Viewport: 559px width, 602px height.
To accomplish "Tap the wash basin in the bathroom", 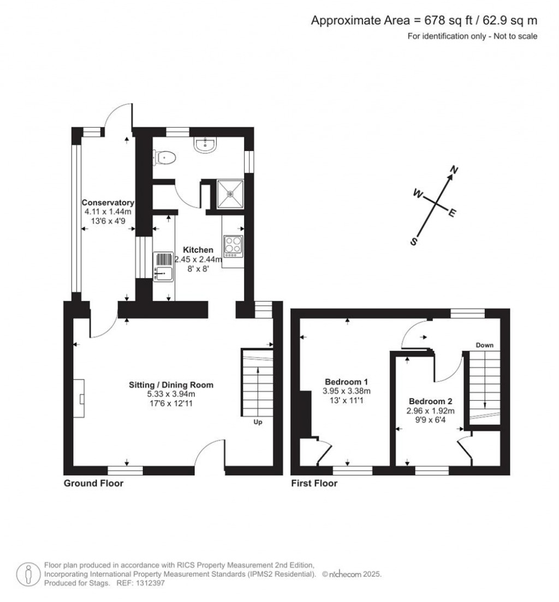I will click(206, 143).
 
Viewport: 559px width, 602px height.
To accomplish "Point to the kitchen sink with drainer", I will click(164, 266).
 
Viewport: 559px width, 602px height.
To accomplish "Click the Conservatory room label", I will click(108, 203).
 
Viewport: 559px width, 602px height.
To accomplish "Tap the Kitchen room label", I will click(198, 250).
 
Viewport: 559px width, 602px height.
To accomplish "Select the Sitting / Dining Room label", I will click(171, 384).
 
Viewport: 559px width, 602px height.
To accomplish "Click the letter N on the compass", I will click(453, 171).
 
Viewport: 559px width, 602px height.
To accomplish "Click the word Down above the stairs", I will click(485, 345).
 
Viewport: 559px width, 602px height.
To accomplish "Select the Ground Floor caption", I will click(93, 483).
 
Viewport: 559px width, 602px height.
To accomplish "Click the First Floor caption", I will click(314, 483).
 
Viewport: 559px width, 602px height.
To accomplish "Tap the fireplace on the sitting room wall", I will click(80, 398).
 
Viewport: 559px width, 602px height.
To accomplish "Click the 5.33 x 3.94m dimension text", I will click(171, 394).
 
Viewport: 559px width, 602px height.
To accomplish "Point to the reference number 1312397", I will click(149, 583).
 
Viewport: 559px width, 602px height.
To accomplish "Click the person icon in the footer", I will click(28, 574).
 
